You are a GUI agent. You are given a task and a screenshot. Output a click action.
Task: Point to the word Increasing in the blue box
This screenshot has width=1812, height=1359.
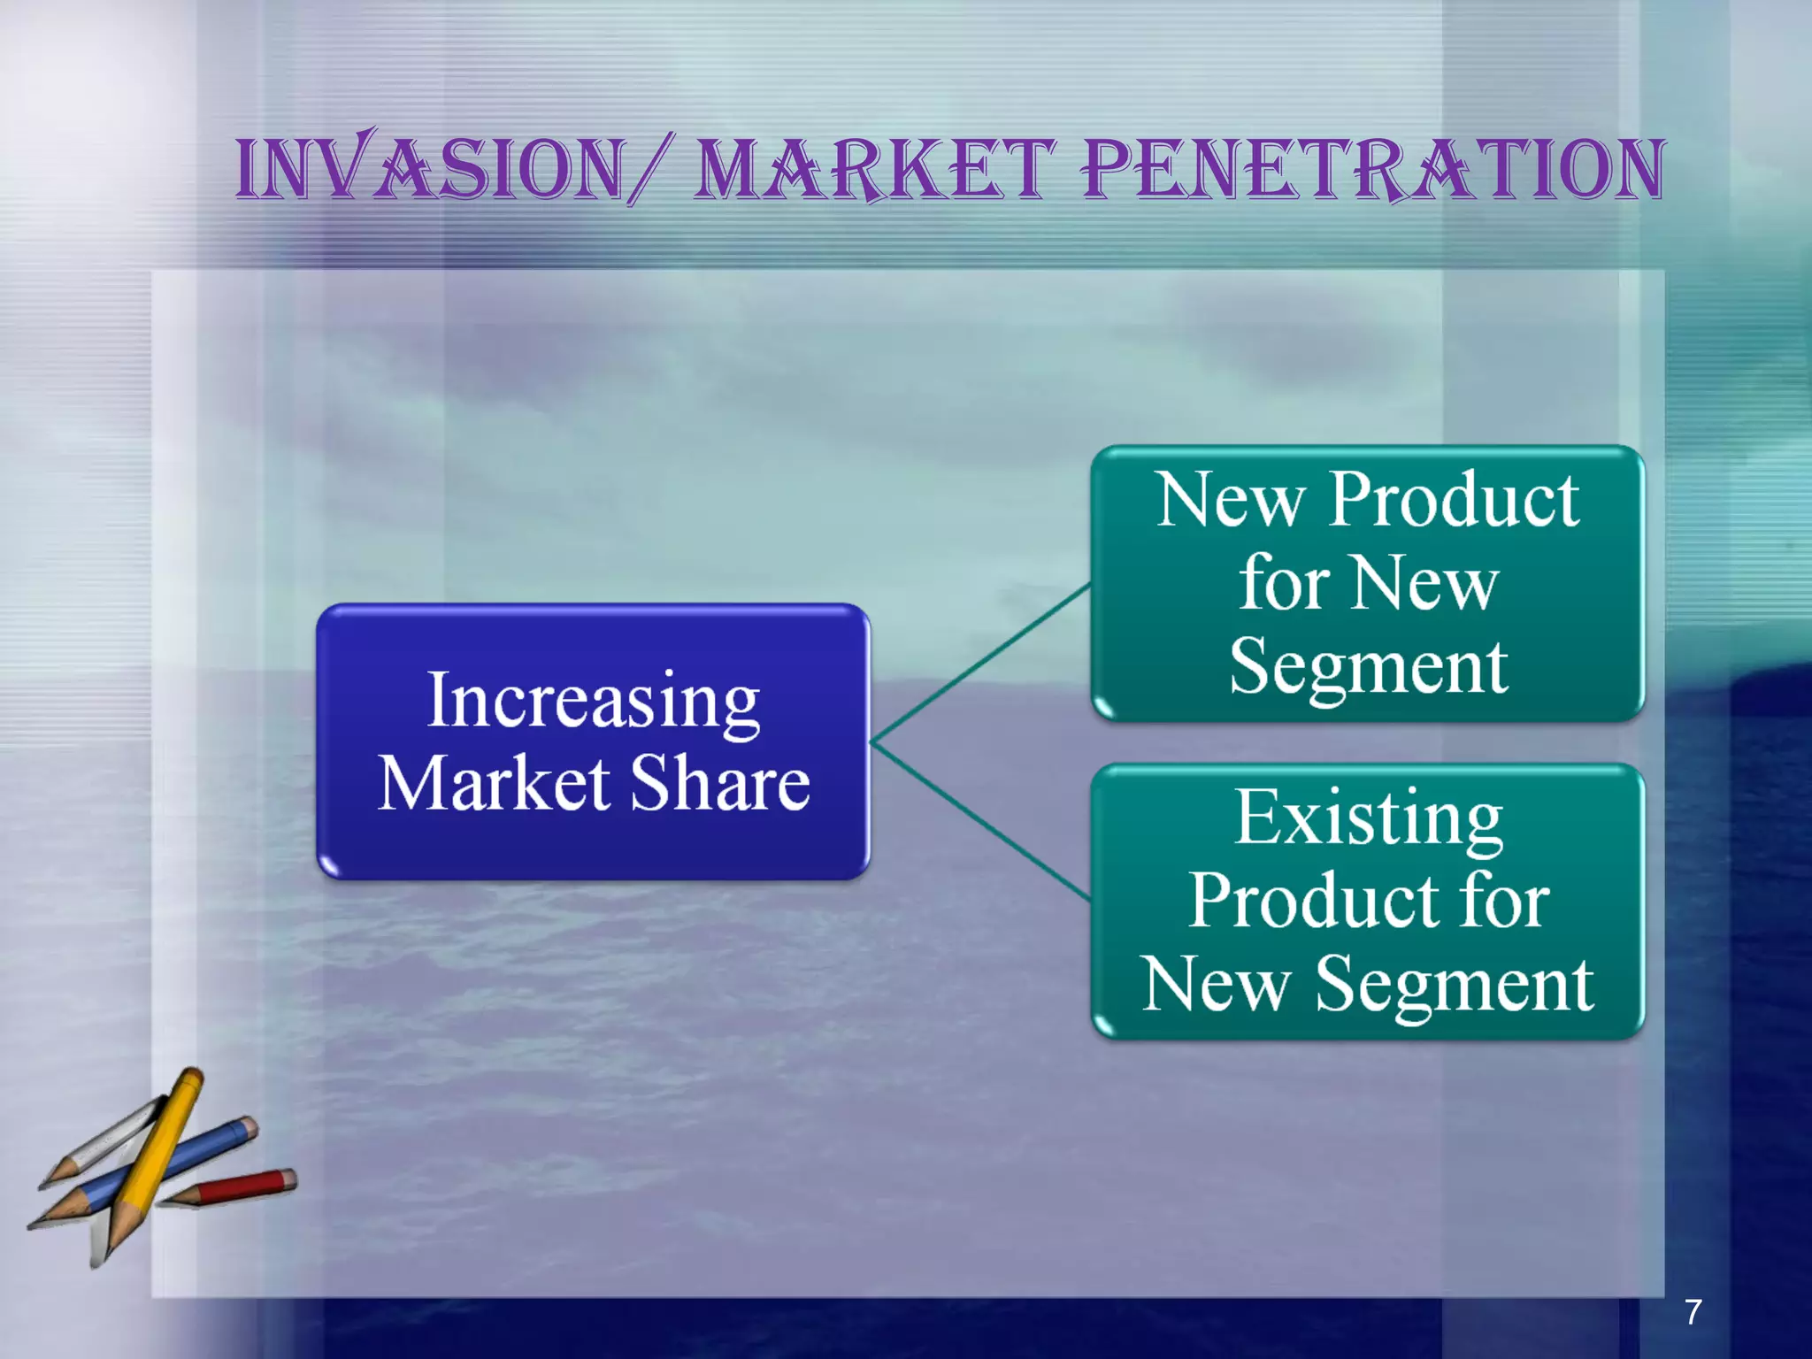point(593,702)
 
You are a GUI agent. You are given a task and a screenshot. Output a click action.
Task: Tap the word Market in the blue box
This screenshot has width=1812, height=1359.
point(494,784)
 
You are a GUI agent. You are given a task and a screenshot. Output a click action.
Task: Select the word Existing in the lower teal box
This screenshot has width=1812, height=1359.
point(1368,818)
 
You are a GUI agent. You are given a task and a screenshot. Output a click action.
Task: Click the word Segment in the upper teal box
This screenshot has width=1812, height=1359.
point(1368,668)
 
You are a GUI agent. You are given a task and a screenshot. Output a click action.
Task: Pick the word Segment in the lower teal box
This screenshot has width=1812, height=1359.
point(1454,985)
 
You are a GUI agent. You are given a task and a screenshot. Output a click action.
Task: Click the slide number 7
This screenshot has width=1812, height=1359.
point(1693,1311)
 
